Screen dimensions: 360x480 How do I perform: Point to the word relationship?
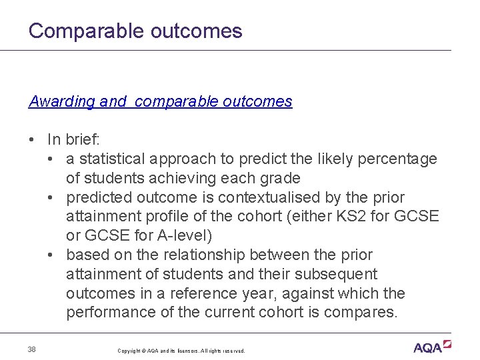click(x=207, y=255)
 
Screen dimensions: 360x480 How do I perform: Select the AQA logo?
click(x=432, y=347)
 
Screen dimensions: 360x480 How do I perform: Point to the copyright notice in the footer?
click(x=181, y=351)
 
